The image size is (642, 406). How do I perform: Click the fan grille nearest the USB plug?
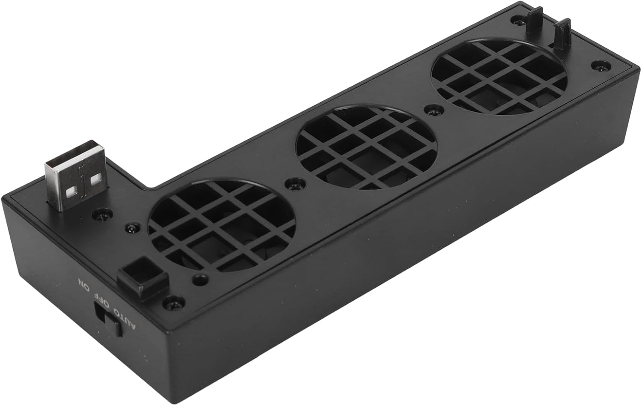point(221,227)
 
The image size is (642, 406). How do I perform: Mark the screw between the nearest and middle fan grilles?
point(293,184)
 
